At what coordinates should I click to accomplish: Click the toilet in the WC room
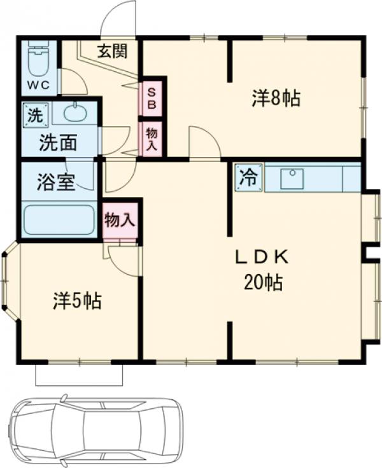[x=39, y=59]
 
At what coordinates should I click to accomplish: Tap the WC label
[x=39, y=86]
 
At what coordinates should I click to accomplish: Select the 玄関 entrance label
[x=113, y=52]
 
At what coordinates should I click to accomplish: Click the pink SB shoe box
[x=152, y=99]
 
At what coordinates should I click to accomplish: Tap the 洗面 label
[x=59, y=142]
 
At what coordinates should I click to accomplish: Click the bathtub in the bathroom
[x=59, y=220]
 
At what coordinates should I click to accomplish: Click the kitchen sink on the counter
[x=292, y=179]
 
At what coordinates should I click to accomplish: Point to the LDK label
[x=262, y=258]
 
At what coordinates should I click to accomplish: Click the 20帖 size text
[x=264, y=283]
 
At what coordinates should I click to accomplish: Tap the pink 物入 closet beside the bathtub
[x=120, y=220]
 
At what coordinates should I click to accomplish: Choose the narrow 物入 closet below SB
[x=152, y=139]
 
